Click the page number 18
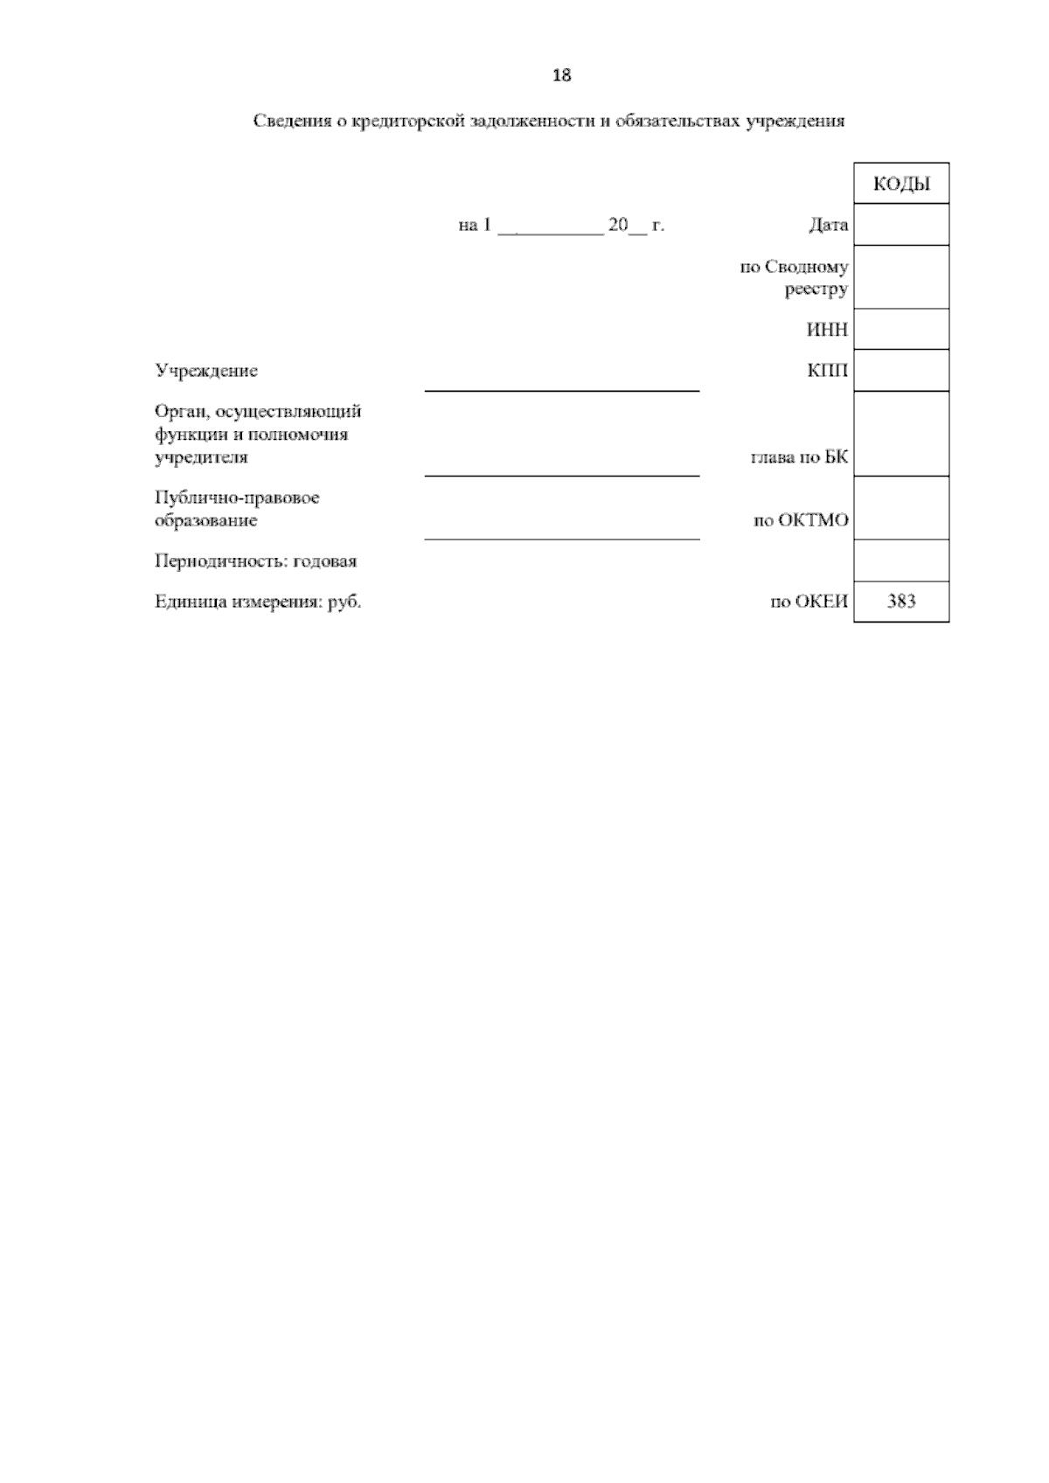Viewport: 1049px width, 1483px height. (562, 75)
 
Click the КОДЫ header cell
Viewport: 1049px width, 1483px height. (901, 185)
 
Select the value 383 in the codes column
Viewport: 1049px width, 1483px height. (901, 602)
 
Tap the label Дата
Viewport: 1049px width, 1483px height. (828, 226)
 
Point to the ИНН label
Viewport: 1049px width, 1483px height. (827, 331)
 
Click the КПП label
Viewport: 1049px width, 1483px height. (827, 371)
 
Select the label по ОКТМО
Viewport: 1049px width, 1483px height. (801, 521)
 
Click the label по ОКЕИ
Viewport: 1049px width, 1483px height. (809, 602)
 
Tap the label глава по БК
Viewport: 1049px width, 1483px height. (799, 457)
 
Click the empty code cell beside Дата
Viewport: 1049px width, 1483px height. (901, 225)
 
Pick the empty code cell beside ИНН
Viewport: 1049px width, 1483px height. (901, 330)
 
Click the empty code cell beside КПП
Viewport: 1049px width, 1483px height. (901, 371)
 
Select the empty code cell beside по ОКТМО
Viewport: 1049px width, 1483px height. (901, 508)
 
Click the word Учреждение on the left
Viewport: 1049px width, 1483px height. (206, 371)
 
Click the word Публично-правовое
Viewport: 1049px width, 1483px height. (237, 498)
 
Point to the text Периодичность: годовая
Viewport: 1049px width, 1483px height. (255, 561)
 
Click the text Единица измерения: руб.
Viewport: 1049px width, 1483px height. (258, 602)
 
